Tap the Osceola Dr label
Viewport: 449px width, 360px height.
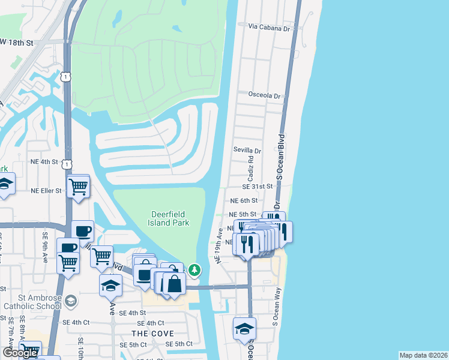click(x=265, y=95)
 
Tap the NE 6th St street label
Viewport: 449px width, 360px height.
click(x=243, y=200)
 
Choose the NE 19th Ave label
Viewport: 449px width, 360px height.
click(x=220, y=244)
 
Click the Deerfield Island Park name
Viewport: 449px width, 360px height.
click(x=169, y=218)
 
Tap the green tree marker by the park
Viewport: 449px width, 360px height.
click(x=194, y=270)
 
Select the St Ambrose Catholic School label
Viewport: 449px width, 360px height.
click(x=32, y=302)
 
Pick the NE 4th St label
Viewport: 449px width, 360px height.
click(x=44, y=162)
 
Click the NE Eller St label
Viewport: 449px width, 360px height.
click(x=46, y=191)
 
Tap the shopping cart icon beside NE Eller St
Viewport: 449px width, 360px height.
click(x=79, y=187)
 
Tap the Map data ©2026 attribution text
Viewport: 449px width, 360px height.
click(x=424, y=355)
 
